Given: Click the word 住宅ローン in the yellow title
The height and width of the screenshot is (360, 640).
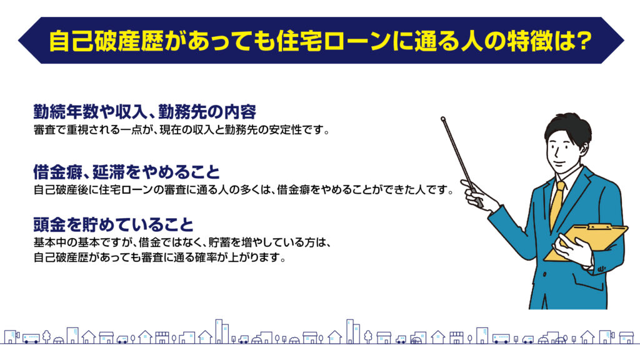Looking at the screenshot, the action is [334, 41].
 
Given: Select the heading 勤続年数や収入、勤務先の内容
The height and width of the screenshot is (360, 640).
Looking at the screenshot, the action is [145, 111].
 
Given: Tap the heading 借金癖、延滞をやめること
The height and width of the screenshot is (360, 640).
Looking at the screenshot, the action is [126, 172].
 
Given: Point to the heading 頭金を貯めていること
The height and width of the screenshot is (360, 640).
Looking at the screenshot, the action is [114, 224].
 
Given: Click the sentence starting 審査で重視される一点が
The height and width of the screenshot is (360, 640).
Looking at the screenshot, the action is [182, 130].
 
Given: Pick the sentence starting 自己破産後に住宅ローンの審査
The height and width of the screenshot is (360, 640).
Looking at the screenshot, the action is [244, 190].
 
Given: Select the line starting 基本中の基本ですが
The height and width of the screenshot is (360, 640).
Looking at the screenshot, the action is [182, 242].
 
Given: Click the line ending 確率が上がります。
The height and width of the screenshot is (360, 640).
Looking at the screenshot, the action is [159, 257].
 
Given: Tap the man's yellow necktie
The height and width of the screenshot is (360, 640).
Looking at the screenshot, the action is [557, 205].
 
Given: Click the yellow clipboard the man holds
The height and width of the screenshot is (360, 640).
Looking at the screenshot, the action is [586, 242].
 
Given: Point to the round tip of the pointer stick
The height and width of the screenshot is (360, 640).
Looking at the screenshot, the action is [443, 119].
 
